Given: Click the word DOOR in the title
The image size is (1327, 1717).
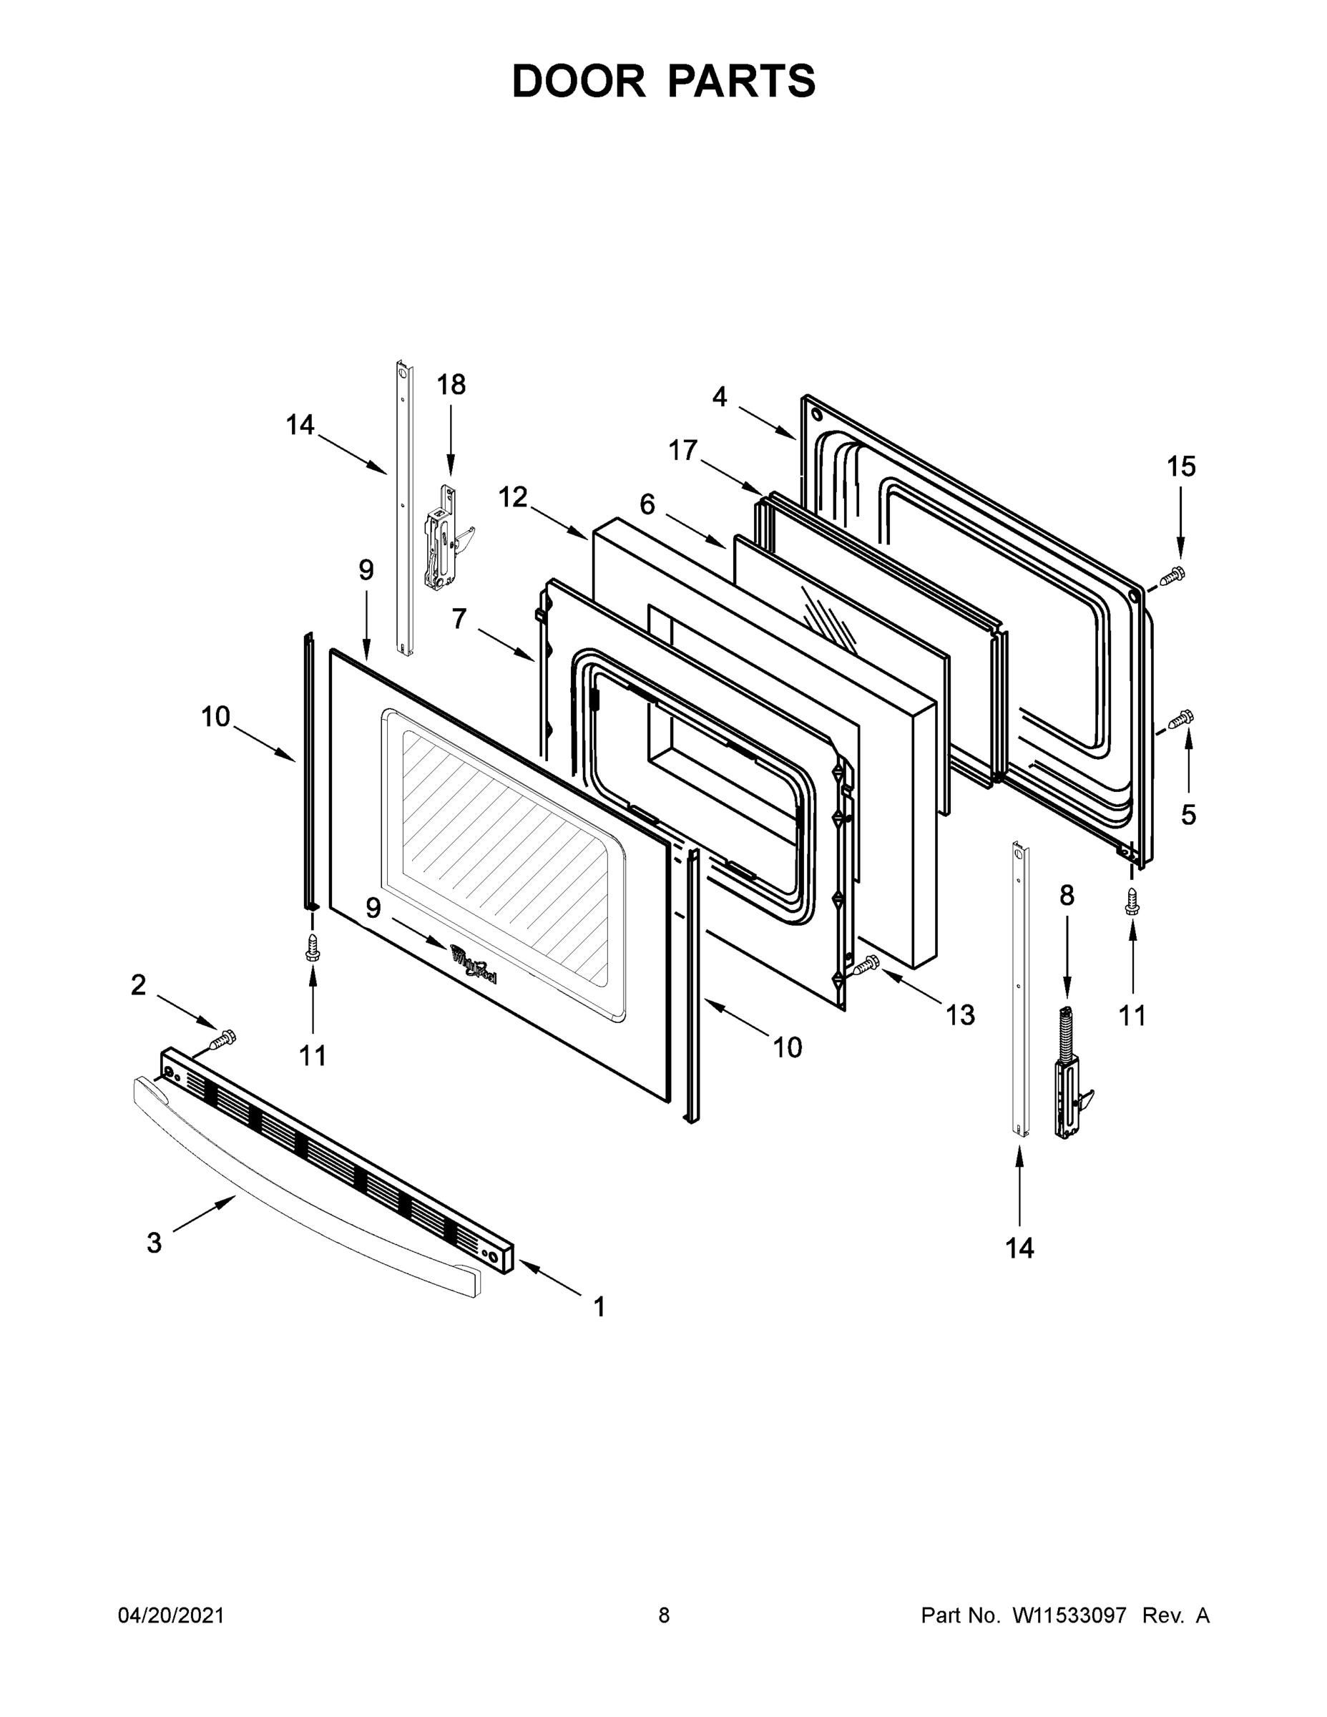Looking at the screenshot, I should point(579,81).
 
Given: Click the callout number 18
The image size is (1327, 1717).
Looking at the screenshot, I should point(451,384).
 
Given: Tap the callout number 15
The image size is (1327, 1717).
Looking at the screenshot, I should point(1181,466).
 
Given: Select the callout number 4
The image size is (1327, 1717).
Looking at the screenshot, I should point(720,397).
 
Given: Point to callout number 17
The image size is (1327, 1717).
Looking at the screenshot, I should point(683,451).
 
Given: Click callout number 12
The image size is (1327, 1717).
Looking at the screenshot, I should point(514,497).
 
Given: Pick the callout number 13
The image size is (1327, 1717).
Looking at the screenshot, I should point(960,1015).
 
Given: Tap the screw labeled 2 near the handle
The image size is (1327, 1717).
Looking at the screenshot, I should point(223,1040).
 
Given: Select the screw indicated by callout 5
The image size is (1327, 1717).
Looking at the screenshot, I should point(1181,718).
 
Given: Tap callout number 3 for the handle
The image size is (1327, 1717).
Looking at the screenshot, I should point(154,1242).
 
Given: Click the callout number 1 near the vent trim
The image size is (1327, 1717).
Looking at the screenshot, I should point(599,1306).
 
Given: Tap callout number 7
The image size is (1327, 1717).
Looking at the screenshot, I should point(459,619).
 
